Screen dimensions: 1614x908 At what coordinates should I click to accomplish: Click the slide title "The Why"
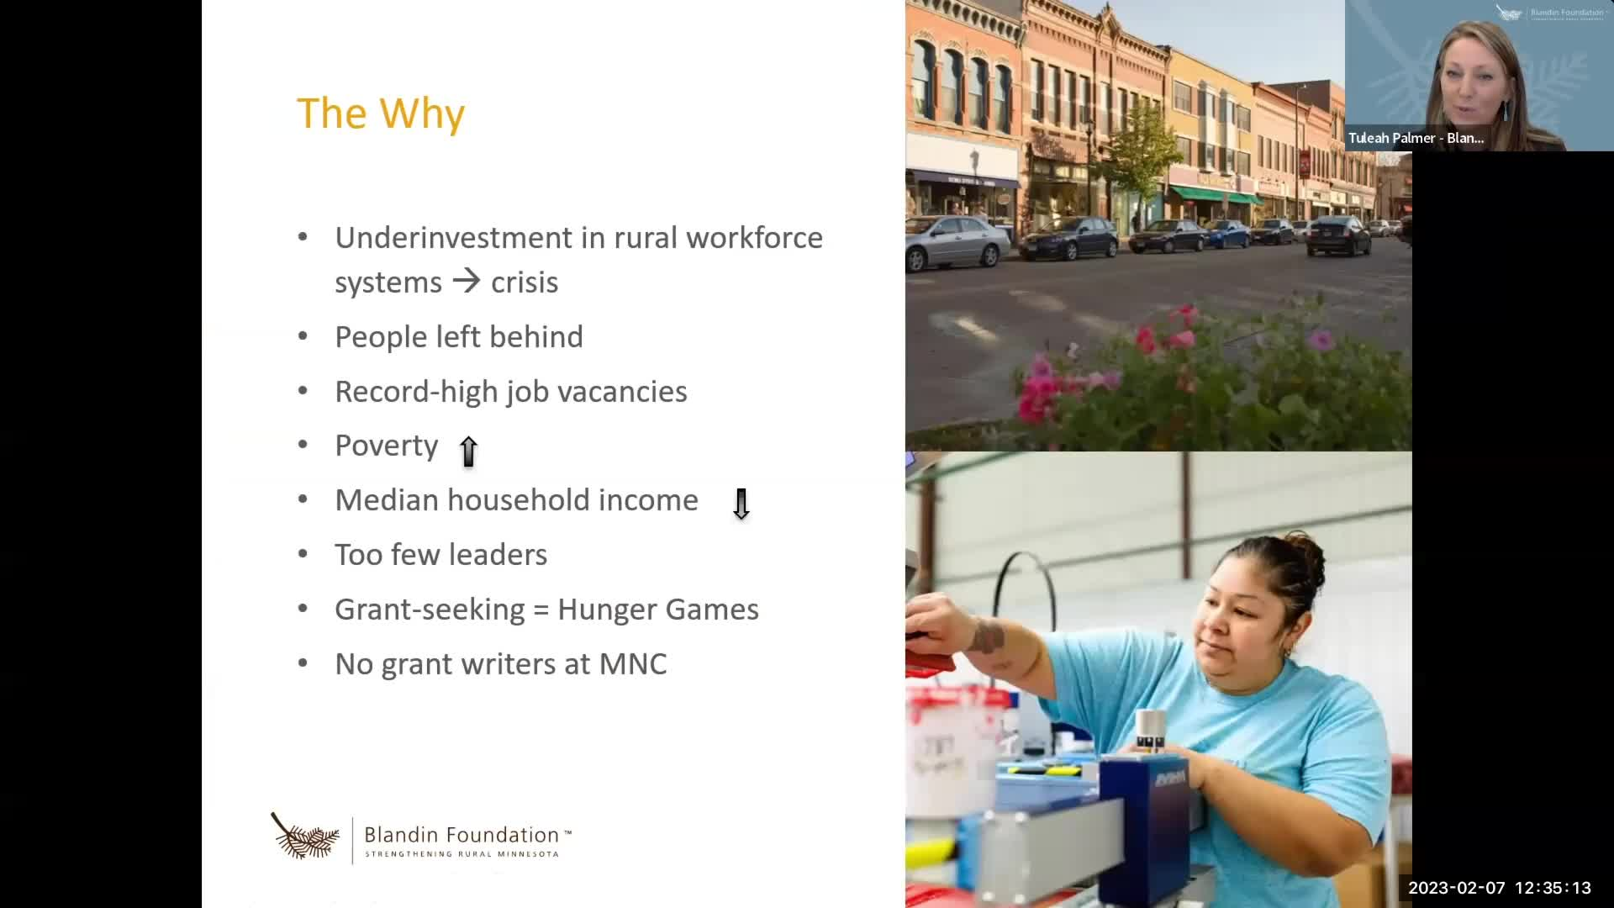click(x=381, y=113)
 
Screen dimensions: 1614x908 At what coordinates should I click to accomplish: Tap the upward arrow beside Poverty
click(x=468, y=451)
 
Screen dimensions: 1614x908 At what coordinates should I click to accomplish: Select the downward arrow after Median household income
click(x=741, y=504)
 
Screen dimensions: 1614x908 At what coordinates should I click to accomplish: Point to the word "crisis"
click(x=525, y=282)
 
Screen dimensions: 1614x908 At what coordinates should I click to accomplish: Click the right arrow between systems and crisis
click(x=467, y=280)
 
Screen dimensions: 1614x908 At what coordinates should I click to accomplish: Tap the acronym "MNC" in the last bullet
click(x=633, y=664)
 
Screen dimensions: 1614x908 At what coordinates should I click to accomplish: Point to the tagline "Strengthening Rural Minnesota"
click(x=462, y=854)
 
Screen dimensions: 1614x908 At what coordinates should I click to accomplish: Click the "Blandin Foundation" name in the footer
click(x=462, y=835)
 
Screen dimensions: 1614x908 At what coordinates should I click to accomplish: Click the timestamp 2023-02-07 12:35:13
click(x=1500, y=888)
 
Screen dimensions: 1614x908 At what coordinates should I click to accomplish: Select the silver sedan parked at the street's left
click(x=957, y=242)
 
